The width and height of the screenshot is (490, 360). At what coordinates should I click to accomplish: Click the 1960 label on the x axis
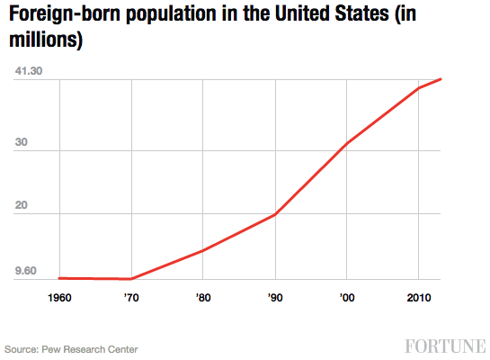pyautogui.click(x=59, y=297)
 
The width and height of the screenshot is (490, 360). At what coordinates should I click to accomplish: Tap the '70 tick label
pyautogui.click(x=132, y=297)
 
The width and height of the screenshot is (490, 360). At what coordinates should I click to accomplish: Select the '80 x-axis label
pyautogui.click(x=203, y=297)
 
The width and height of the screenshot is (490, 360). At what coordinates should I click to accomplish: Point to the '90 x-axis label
pyautogui.click(x=274, y=297)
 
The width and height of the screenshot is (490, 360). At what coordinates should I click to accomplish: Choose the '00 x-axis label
pyautogui.click(x=346, y=297)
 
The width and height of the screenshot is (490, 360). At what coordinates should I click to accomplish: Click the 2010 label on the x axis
pyautogui.click(x=417, y=297)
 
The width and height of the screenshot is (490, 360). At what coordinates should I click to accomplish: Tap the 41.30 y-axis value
pyautogui.click(x=29, y=71)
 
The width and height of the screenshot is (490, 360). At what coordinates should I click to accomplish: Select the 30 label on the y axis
pyautogui.click(x=22, y=151)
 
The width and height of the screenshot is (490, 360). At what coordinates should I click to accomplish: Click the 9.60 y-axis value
pyautogui.click(x=25, y=270)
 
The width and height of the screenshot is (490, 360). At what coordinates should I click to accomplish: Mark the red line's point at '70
pyautogui.click(x=132, y=279)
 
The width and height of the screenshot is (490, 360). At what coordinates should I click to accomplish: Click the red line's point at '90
pyautogui.click(x=274, y=215)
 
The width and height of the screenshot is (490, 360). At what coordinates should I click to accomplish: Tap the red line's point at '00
pyautogui.click(x=346, y=143)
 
